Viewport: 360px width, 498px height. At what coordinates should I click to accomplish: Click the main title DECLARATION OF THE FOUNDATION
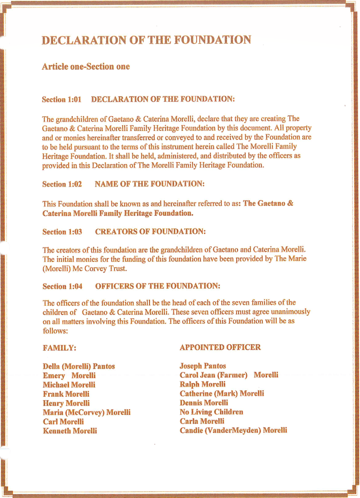pyautogui.click(x=146, y=40)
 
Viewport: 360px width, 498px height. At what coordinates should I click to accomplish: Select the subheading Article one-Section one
pyautogui.click(x=86, y=67)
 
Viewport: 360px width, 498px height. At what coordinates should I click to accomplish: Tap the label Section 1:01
pyautogui.click(x=61, y=99)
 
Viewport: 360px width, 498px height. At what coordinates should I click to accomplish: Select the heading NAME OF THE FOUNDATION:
pyautogui.click(x=149, y=184)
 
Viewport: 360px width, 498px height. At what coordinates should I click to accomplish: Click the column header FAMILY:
pyautogui.click(x=59, y=348)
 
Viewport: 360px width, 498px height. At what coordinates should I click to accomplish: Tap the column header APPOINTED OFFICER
pyautogui.click(x=220, y=348)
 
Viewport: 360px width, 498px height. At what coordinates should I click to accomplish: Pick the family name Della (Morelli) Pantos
pyautogui.click(x=78, y=366)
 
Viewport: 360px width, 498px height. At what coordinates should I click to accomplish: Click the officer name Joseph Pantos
pyautogui.click(x=203, y=366)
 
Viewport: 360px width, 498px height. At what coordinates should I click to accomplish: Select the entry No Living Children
pyautogui.click(x=211, y=412)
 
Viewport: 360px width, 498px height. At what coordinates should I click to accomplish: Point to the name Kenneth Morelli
pyautogui.click(x=70, y=431)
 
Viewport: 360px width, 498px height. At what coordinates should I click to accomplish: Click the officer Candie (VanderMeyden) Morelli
pyautogui.click(x=233, y=430)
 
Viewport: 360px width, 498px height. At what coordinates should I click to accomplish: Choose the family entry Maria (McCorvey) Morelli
pyautogui.click(x=86, y=412)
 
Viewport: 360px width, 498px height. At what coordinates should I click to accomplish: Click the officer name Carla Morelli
pyautogui.click(x=202, y=421)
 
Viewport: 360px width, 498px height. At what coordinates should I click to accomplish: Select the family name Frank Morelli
pyautogui.click(x=66, y=394)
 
